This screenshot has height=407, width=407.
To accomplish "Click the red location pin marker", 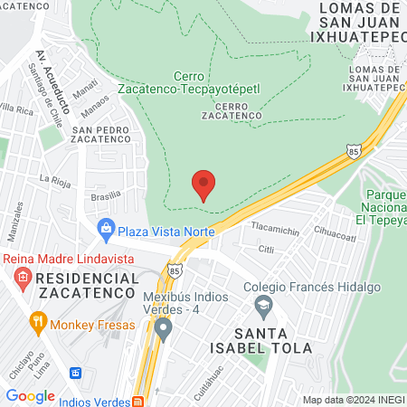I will pyautogui.click(x=203, y=185).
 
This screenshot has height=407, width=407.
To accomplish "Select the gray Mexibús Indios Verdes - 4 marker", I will pyautogui.click(x=163, y=329).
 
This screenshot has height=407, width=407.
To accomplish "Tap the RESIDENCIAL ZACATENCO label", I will pyautogui.click(x=73, y=288).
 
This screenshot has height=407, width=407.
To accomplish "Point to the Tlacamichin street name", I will pyautogui.click(x=275, y=230).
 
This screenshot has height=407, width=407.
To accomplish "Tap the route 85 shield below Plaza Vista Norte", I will pyautogui.click(x=173, y=270).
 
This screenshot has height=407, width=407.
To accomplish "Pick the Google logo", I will pyautogui.click(x=30, y=396).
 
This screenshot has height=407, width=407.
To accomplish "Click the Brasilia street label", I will pyautogui.click(x=106, y=195).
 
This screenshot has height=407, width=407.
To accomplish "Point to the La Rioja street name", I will pyautogui.click(x=54, y=178).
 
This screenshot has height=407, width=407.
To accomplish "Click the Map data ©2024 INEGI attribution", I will pyautogui.click(x=354, y=400).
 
